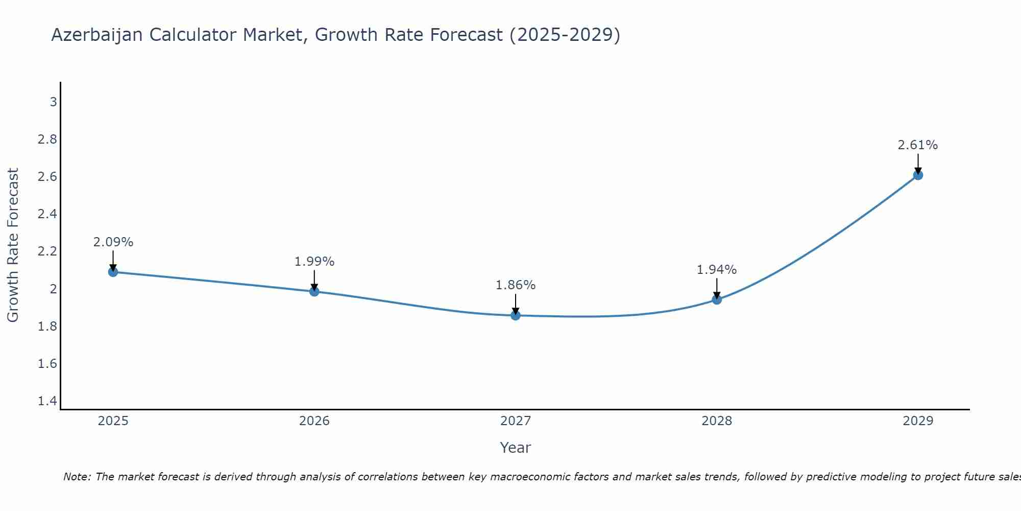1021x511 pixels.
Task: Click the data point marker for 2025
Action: pyautogui.click(x=113, y=272)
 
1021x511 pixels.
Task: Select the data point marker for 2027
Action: pyautogui.click(x=516, y=315)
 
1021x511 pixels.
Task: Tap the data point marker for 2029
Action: pyautogui.click(x=918, y=175)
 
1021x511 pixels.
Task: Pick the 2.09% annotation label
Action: pyautogui.click(x=113, y=242)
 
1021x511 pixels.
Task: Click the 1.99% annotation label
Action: pyautogui.click(x=314, y=262)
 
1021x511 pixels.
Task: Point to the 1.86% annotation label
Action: pyautogui.click(x=516, y=285)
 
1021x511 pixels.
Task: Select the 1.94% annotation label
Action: pyautogui.click(x=717, y=269)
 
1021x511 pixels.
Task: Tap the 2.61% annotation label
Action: pyautogui.click(x=918, y=145)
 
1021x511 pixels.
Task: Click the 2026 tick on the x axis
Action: pyautogui.click(x=314, y=421)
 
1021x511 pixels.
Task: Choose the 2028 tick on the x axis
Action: pyautogui.click(x=717, y=421)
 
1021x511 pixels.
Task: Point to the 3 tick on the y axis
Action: pyautogui.click(x=53, y=102)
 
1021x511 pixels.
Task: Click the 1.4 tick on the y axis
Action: pyautogui.click(x=47, y=401)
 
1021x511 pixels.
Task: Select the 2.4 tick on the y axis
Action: pyautogui.click(x=47, y=214)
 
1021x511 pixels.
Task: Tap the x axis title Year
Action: pyautogui.click(x=516, y=448)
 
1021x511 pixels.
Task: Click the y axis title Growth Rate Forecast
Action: pyautogui.click(x=13, y=245)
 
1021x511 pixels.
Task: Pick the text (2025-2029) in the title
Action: pyautogui.click(x=565, y=35)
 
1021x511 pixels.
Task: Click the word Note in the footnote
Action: pyautogui.click(x=77, y=477)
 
